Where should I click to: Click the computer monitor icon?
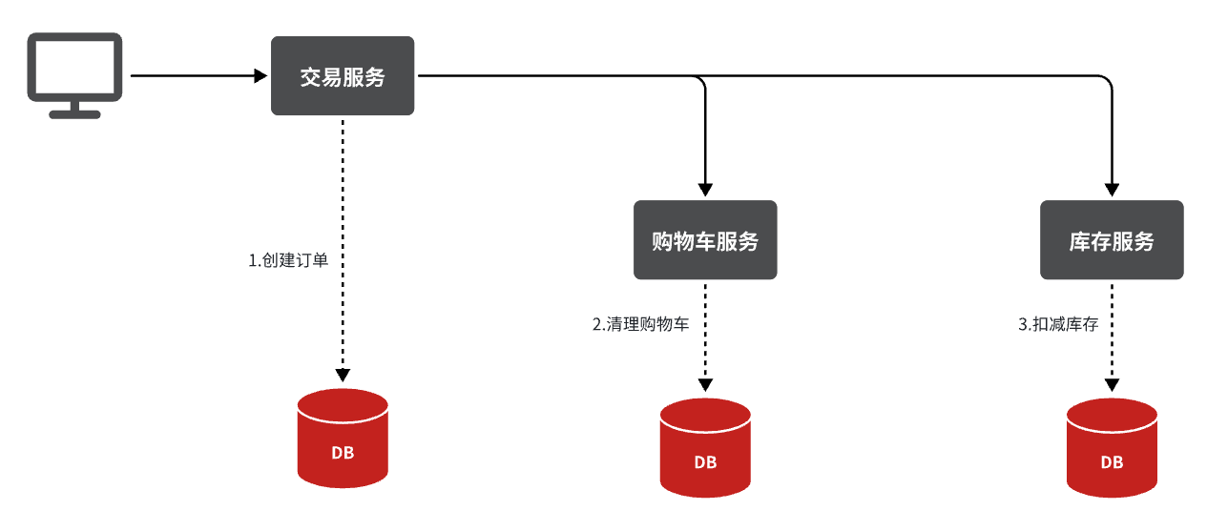74,71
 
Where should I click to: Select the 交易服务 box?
343,76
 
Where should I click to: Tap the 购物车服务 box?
705,240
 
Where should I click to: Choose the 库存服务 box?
1112,240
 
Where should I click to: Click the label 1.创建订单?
288,260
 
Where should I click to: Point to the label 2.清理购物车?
641,324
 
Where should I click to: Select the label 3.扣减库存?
1058,324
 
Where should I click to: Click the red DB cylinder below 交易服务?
343,439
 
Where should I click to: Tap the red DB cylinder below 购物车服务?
705,448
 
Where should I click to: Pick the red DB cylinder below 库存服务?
1112,448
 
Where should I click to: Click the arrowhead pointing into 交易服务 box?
261,75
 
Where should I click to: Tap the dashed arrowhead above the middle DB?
705,384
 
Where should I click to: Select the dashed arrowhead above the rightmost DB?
1112,384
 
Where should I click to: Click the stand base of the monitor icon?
74,113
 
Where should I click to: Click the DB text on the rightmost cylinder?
1112,462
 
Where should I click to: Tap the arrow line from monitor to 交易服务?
191,75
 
